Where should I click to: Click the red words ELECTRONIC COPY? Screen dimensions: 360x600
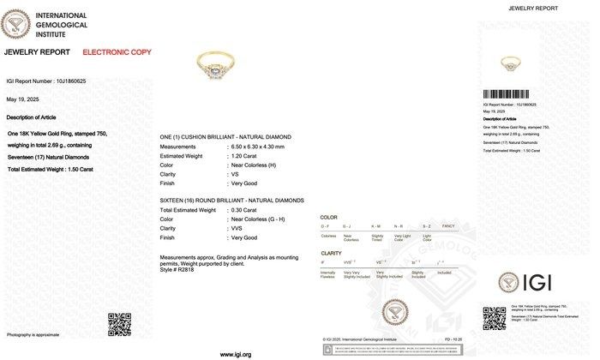click(117, 52)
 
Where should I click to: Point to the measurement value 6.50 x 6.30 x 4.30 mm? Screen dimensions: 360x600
click(262, 147)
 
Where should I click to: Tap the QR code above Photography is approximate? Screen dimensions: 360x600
click(119, 324)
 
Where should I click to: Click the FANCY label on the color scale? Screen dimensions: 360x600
click(447, 225)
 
